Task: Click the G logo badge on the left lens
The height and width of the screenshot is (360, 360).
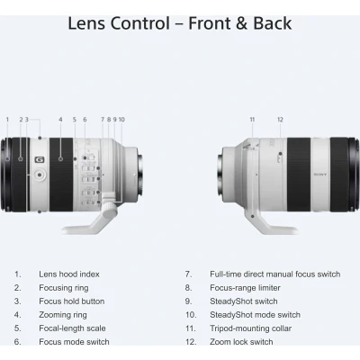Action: click(39, 160)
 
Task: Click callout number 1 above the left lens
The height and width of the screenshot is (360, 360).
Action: click(7, 120)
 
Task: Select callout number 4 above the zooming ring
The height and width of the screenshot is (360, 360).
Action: click(60, 120)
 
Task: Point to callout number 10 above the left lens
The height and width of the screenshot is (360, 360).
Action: click(121, 120)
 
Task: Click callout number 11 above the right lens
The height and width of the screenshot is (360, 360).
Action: click(252, 120)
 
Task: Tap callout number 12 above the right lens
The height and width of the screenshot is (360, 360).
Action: click(280, 120)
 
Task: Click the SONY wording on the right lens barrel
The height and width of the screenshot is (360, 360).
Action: click(320, 175)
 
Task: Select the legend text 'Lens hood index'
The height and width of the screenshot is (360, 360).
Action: click(69, 274)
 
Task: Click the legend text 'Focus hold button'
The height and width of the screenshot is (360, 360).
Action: click(72, 301)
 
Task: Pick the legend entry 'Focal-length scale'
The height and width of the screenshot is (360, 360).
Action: click(72, 328)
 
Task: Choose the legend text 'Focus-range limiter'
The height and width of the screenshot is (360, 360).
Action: click(245, 288)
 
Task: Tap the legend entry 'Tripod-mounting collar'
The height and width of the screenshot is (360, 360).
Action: click(251, 328)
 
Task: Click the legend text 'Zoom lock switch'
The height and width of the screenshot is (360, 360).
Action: click(241, 342)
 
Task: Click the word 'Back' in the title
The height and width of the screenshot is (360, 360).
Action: click(273, 23)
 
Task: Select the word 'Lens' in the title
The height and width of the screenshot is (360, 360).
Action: click(87, 23)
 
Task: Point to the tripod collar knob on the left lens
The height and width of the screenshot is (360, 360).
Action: click(109, 211)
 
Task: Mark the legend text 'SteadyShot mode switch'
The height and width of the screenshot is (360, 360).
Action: click(255, 315)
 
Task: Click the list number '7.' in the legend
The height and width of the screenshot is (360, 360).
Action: click(188, 274)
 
